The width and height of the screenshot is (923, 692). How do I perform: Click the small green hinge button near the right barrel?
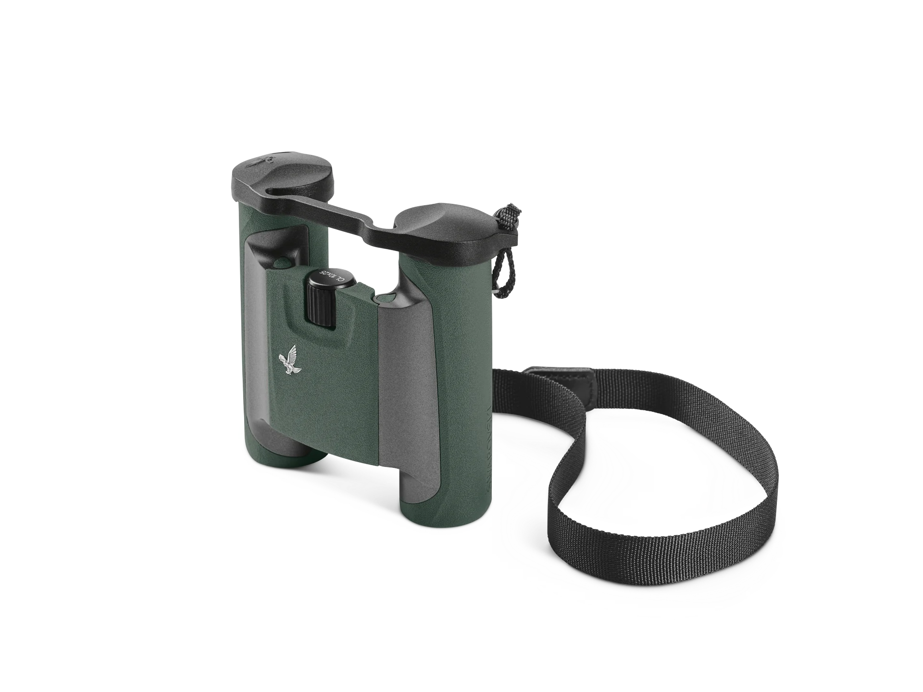[x=383, y=301]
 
